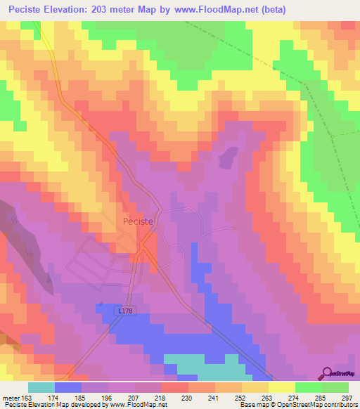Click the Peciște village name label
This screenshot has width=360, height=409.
click(x=134, y=221)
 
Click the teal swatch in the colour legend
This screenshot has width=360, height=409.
click(x=41, y=387)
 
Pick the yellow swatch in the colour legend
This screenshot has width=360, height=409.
click(x=281, y=387)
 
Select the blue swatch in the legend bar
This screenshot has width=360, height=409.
click(x=68, y=387)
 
